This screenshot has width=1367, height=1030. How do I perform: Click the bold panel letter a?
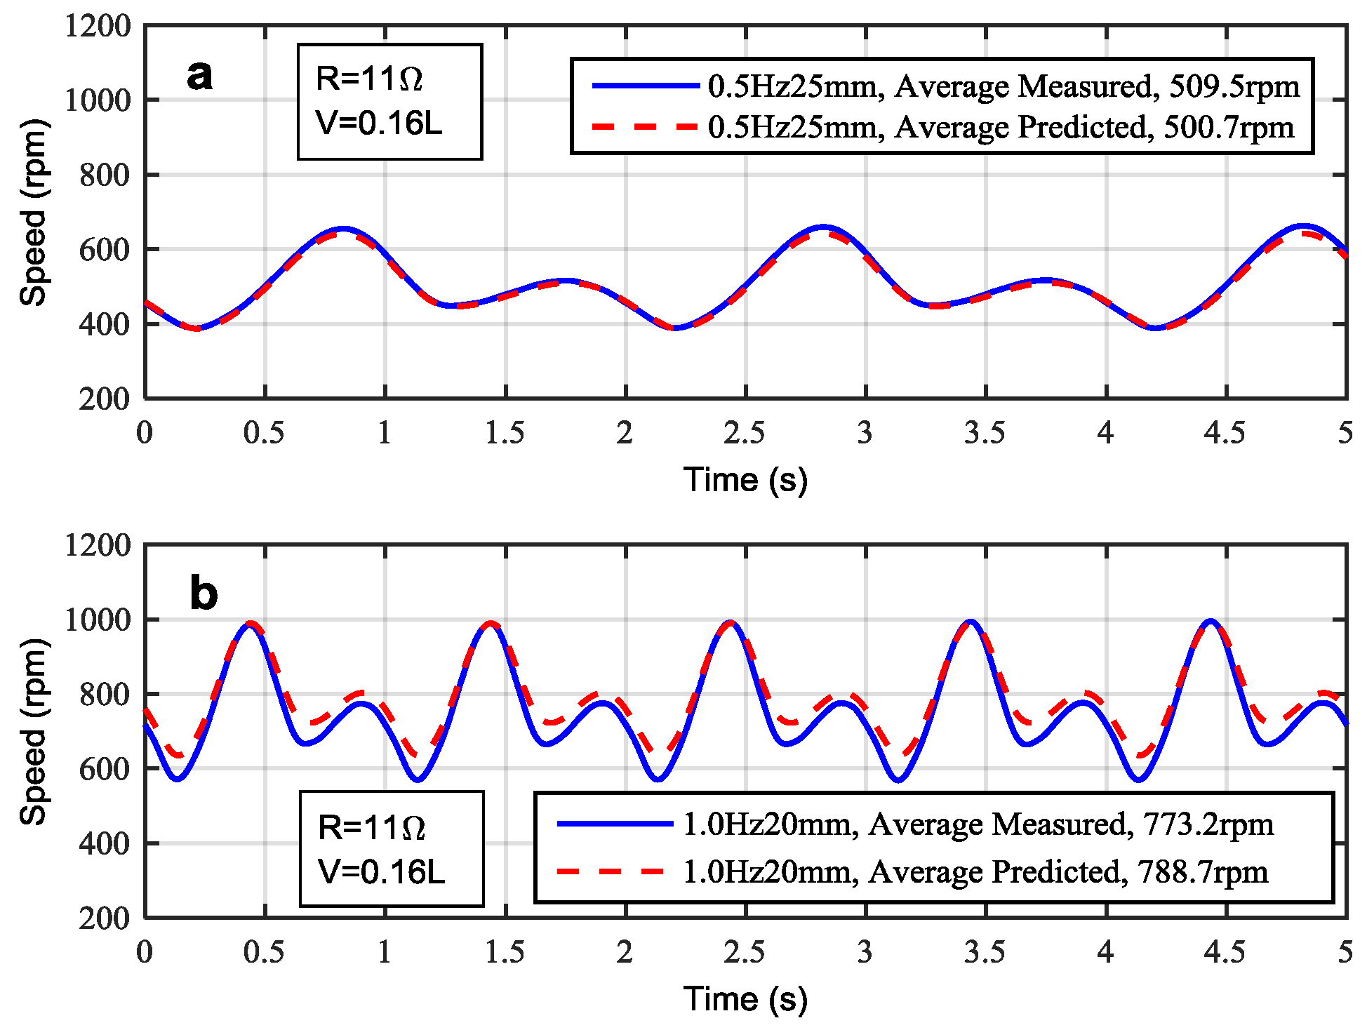click(200, 75)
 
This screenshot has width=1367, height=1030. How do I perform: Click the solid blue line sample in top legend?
click(646, 86)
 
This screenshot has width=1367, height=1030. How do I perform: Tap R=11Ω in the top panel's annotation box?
click(370, 79)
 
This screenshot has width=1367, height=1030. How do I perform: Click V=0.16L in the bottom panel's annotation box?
click(381, 872)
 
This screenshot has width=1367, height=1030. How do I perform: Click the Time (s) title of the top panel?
click(745, 481)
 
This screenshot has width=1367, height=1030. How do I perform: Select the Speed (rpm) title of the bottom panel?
click(33, 731)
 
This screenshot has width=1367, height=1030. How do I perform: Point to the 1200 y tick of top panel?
click(98, 27)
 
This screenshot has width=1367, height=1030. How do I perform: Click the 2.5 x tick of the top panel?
click(745, 433)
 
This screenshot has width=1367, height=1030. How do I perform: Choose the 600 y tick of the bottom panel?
click(105, 769)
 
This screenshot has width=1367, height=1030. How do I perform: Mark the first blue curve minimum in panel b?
click(178, 779)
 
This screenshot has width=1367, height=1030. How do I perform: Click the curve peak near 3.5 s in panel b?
click(971, 622)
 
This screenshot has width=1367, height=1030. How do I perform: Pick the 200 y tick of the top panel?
click(105, 399)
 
